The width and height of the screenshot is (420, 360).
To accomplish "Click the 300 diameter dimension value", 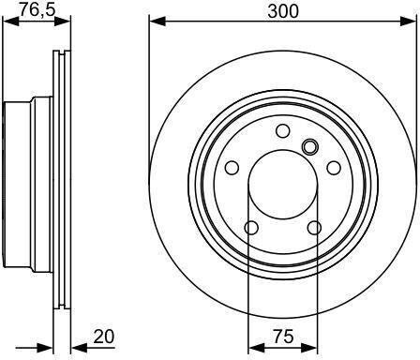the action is click(x=283, y=11).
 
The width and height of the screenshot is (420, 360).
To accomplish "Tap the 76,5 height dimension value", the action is click(x=37, y=9).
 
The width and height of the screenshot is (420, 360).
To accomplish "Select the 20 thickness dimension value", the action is click(x=104, y=337).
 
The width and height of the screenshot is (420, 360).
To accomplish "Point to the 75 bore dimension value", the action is click(x=283, y=337).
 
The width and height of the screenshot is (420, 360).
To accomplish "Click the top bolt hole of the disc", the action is click(x=283, y=130).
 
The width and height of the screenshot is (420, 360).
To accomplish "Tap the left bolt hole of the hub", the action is click(x=232, y=168).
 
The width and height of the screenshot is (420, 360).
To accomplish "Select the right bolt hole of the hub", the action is click(x=334, y=168).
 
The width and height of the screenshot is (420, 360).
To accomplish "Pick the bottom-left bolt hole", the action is click(x=251, y=228).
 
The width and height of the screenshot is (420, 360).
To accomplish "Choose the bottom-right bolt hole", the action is click(x=314, y=228).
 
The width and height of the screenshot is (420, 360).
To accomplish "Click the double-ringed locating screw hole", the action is click(x=310, y=146).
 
